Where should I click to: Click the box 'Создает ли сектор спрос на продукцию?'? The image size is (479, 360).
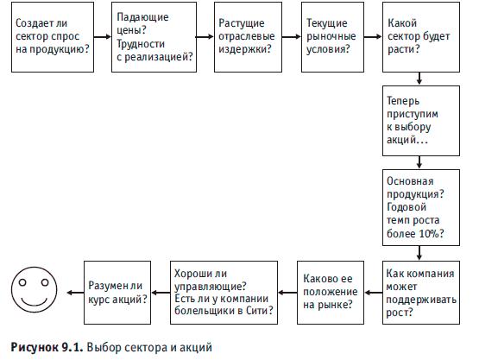pos(53,37)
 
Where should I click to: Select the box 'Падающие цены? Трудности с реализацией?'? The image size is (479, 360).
pos(154,37)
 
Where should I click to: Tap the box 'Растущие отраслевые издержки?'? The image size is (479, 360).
pos(248,37)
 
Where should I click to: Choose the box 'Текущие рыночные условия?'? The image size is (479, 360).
pos(332,37)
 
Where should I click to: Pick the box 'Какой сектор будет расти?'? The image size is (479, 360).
pos(421,37)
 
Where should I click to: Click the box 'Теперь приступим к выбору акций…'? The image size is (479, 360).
pos(421,121)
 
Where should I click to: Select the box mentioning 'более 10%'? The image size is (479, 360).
pos(421,208)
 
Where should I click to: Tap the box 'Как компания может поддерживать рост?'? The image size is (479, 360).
pos(421,293)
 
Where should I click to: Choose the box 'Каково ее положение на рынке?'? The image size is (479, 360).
pos(331,293)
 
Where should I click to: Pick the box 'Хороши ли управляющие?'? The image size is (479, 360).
pos(224,293)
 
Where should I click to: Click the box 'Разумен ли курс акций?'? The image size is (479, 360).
pos(117,293)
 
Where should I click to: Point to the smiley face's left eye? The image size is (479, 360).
pos(22,282)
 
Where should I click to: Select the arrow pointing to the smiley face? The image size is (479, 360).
pos(75,293)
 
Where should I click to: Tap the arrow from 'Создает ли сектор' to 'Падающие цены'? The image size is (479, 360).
pos(103,37)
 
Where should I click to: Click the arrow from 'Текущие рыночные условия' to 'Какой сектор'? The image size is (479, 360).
pos(373,37)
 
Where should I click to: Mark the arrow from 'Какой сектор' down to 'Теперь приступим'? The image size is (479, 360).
pos(419,79)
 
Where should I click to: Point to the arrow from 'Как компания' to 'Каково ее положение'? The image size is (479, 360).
pos(374,293)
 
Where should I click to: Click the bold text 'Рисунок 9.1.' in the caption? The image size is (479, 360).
pos(47,347)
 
